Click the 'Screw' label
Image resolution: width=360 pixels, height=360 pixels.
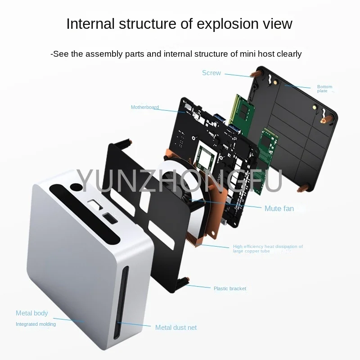(211, 73)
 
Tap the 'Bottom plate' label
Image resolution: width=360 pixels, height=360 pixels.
(324, 89)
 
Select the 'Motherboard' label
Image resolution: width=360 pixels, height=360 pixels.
(145, 107)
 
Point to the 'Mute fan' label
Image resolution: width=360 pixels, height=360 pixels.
(279, 208)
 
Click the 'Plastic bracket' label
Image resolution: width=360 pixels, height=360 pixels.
(230, 288)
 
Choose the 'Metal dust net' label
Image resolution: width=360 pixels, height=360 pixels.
(176, 328)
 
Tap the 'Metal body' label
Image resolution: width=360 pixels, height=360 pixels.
(31, 313)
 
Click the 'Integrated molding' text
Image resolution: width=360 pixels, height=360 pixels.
(36, 324)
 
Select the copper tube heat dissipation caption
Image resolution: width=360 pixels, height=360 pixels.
(268, 249)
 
